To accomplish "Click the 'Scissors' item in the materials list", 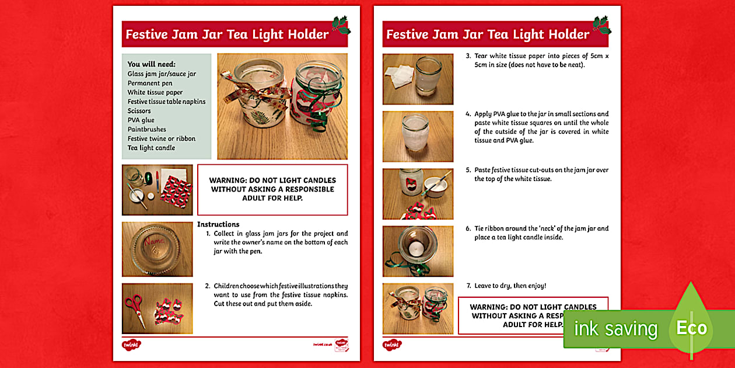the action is (x=139, y=111).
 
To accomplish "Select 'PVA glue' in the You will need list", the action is (x=141, y=120).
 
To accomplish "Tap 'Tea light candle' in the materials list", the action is (x=151, y=148).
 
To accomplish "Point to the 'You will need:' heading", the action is (x=151, y=64).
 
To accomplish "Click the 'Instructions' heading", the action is (x=218, y=224).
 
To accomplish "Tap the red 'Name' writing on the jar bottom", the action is (x=154, y=241).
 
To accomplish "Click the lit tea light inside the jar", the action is (x=416, y=248).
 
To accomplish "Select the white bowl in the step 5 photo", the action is (x=435, y=187).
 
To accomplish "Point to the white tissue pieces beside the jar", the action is (x=398, y=75).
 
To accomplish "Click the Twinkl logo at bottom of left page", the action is (x=131, y=345).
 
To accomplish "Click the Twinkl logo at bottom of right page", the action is (x=392, y=345).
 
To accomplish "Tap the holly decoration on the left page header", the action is (x=341, y=25).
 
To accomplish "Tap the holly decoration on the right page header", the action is (x=602, y=25).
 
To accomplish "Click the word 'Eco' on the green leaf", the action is (x=692, y=328).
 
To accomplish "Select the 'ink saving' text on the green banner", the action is (x=616, y=328).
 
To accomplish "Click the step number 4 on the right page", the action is (x=468, y=114).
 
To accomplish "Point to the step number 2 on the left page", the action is (x=208, y=286).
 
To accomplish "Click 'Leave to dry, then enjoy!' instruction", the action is (x=510, y=286).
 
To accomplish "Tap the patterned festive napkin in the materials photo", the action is (x=176, y=192).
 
